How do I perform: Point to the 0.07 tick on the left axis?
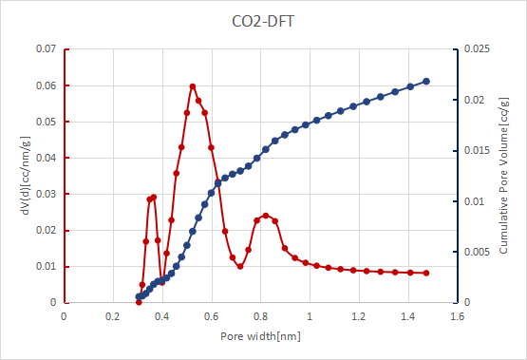(46, 48)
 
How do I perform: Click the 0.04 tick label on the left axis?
(46, 158)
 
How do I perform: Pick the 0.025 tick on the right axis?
(478, 48)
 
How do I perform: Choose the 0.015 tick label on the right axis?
(478, 150)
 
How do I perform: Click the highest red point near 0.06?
(192, 86)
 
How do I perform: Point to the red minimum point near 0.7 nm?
(240, 267)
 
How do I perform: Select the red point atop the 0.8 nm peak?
(265, 216)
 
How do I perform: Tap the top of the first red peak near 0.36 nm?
(153, 197)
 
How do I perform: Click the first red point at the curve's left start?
(139, 302)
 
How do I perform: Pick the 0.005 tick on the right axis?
(478, 252)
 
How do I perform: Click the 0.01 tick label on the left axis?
(46, 266)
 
